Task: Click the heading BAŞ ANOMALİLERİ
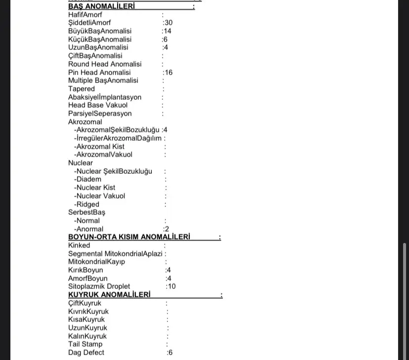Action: point(101,6)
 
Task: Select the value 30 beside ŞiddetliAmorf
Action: point(168,23)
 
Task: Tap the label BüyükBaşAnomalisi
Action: point(100,31)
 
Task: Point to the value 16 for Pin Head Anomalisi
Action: point(168,73)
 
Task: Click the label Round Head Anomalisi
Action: point(105,64)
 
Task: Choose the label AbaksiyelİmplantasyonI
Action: point(105,97)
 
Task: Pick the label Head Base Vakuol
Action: point(98,105)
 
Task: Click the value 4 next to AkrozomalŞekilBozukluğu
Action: point(165,130)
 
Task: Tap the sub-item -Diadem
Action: point(88,179)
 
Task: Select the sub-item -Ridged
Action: point(87,204)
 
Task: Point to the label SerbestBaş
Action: point(87,212)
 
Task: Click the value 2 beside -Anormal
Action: point(167,229)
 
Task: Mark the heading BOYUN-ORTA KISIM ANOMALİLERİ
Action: point(129,237)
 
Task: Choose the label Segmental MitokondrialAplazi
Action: point(115,254)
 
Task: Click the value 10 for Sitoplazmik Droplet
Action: point(171,286)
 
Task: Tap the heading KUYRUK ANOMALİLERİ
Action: point(109,295)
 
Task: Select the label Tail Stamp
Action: point(85,344)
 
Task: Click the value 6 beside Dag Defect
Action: point(170,353)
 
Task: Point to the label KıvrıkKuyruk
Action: point(88,312)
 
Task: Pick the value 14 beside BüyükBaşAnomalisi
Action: point(168,31)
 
